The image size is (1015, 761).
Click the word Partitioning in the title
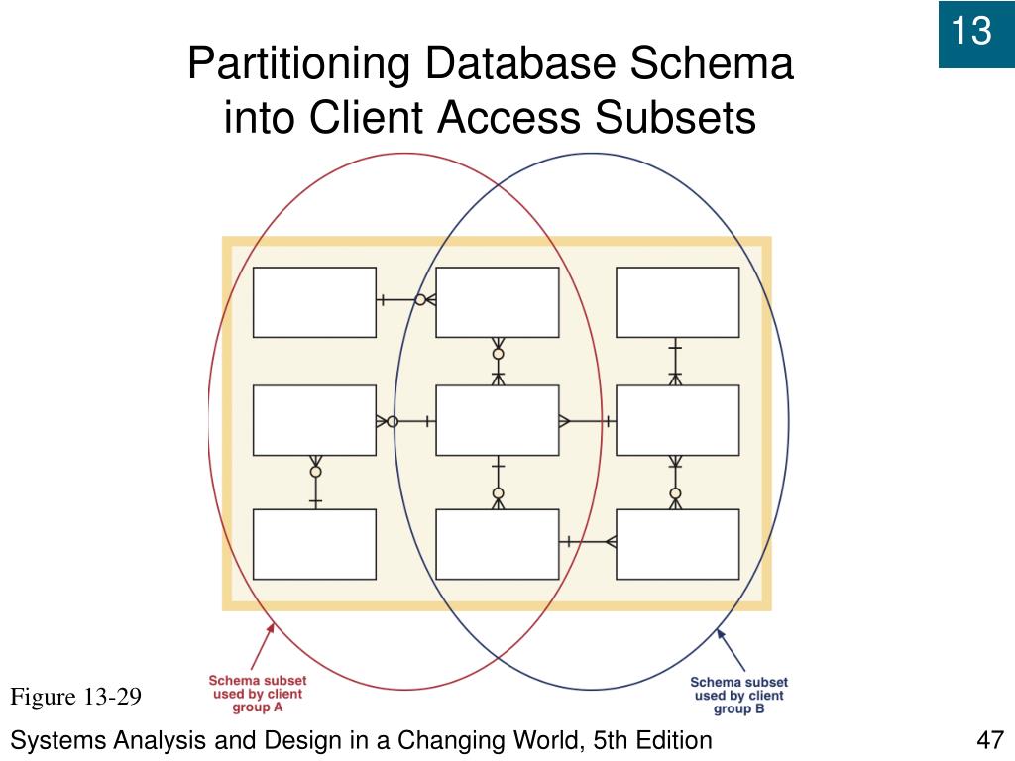click(x=298, y=65)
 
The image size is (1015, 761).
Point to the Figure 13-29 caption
click(x=76, y=698)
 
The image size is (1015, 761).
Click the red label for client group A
click(x=257, y=695)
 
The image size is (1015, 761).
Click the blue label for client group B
click(x=738, y=696)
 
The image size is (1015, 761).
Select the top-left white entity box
click(x=314, y=302)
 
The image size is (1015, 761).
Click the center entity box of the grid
click(x=498, y=420)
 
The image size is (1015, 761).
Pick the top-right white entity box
click(x=677, y=302)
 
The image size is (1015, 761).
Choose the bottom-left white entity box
click(x=314, y=544)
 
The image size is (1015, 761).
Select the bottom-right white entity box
click(x=677, y=544)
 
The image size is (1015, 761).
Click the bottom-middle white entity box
click(x=498, y=544)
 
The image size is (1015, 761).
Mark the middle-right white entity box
click(x=677, y=420)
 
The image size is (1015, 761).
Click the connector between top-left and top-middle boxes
click(x=406, y=300)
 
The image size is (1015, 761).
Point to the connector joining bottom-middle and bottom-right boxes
click(x=588, y=541)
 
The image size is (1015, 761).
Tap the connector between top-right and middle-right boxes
click(x=675, y=361)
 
